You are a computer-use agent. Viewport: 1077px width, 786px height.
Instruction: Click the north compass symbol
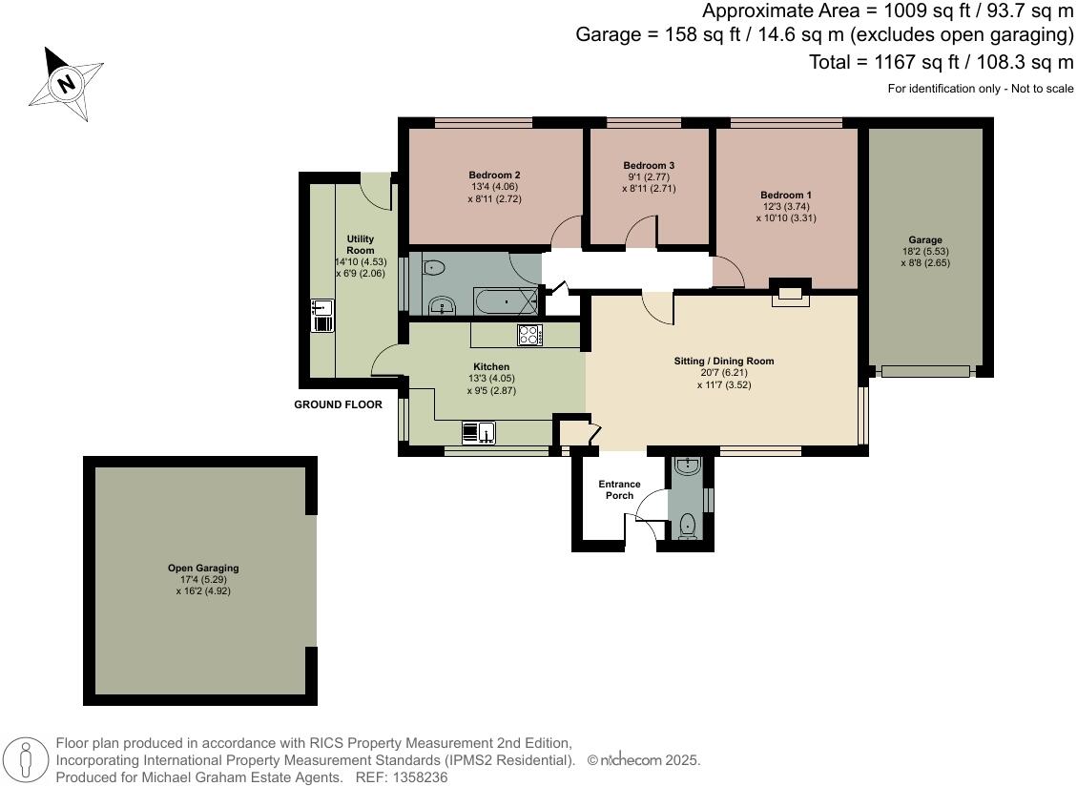(x=66, y=84)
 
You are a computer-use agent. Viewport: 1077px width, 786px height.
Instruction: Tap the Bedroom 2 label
(x=494, y=176)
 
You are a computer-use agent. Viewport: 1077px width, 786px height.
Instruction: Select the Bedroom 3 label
(x=649, y=165)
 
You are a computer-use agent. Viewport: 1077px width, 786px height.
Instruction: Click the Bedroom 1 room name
(x=786, y=195)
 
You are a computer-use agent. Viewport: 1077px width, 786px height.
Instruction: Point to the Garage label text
(x=924, y=240)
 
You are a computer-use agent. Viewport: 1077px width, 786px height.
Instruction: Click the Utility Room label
(x=360, y=244)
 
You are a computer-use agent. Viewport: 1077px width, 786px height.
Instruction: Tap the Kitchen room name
(x=491, y=366)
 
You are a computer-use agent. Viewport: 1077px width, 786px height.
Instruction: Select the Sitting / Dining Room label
(x=724, y=362)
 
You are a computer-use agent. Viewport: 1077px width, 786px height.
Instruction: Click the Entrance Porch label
(x=619, y=489)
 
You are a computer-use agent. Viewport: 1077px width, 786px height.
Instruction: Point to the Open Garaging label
(x=203, y=569)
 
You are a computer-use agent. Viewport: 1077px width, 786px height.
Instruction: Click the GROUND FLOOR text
(x=338, y=404)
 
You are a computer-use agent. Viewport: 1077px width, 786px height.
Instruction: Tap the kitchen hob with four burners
(x=529, y=335)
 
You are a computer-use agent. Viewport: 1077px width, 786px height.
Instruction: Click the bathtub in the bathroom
(x=506, y=302)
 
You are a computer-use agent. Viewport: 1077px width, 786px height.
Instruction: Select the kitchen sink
(x=478, y=433)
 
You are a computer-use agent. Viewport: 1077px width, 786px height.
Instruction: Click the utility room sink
(x=322, y=315)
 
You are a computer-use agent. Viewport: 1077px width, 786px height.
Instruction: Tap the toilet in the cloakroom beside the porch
(x=688, y=524)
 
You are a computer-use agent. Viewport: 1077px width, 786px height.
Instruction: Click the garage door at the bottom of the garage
(x=925, y=371)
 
